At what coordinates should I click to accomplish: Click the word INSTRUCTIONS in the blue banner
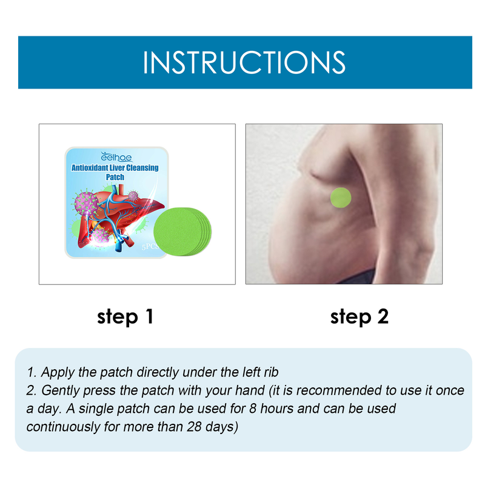244,62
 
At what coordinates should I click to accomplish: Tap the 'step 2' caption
359,316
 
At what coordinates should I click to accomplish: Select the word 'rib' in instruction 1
269,372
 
